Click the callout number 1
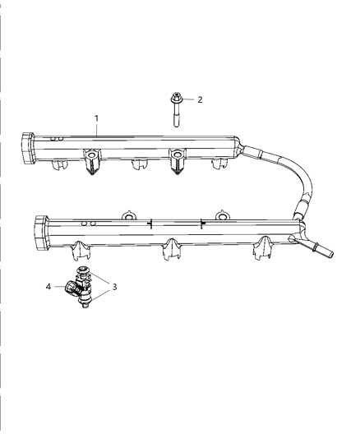point(97,118)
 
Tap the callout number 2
point(200,99)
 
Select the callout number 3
point(114,287)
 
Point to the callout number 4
point(48,287)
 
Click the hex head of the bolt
point(176,98)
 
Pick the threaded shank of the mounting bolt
point(176,115)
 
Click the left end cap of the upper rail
point(28,148)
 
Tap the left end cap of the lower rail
point(41,233)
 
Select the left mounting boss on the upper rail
point(92,161)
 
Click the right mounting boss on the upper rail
point(177,161)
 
